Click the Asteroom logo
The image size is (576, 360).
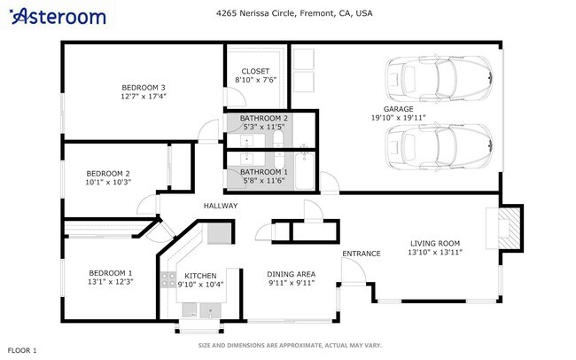coord(58,17)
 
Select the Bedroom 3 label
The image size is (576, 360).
coord(144,88)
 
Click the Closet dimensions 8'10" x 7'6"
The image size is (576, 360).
coord(256,80)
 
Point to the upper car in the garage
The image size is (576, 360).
coord(439,79)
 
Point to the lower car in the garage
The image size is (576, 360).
coord(439,146)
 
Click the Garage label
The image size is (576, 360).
coord(398,109)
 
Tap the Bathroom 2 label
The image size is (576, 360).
coord(264,118)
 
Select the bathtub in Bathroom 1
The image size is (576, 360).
coord(305,171)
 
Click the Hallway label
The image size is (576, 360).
coord(221,206)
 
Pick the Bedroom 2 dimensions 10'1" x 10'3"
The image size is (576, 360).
coord(108,182)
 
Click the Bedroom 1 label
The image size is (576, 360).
coord(110,273)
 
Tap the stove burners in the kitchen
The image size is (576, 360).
coord(168,279)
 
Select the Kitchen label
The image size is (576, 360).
coord(200,276)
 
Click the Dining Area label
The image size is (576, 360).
coord(292,274)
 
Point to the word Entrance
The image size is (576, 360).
coord(362,254)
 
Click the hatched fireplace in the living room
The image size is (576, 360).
coord(510,229)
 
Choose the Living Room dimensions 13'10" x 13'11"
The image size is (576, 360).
coord(435,252)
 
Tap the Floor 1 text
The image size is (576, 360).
coord(22,350)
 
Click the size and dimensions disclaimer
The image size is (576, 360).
coord(290,345)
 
